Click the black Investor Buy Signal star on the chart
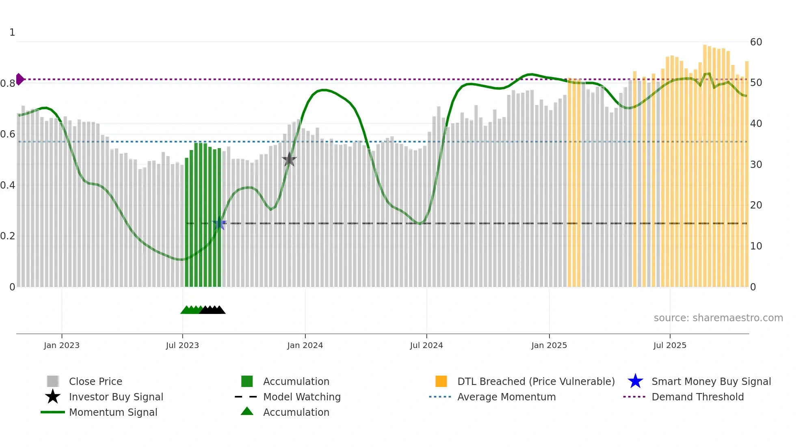pos(289,160)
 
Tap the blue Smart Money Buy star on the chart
pos(219,223)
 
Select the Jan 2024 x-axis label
pos(305,345)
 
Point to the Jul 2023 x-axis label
pos(182,345)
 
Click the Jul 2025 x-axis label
pos(670,345)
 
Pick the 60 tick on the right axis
pos(756,42)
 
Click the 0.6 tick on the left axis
pos(8,134)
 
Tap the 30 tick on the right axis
pos(756,165)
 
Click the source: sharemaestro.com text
pos(718,318)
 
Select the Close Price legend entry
pos(95,381)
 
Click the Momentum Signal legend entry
pos(113,412)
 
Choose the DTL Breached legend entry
pos(536,381)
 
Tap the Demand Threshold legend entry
pos(697,397)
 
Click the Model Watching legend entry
pos(302,397)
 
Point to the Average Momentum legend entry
pos(506,397)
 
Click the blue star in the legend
pos(635,381)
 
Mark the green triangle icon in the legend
pos(247,411)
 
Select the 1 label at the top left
pos(12,32)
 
